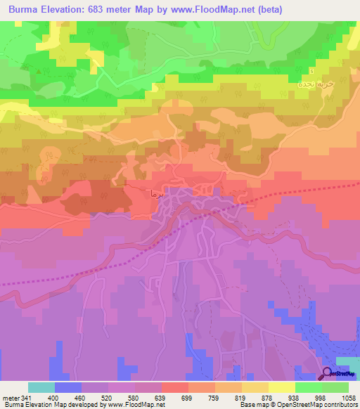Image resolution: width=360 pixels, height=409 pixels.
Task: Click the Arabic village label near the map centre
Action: [154, 191]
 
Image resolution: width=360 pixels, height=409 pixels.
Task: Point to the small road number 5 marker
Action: [311, 70]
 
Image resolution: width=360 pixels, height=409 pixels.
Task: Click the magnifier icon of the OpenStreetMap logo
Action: [328, 373]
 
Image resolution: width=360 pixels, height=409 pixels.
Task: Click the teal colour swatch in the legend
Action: [41, 387]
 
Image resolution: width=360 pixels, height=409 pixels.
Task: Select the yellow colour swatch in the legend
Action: [282, 387]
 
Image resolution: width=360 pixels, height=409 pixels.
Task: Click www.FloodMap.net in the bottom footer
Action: [127, 405]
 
